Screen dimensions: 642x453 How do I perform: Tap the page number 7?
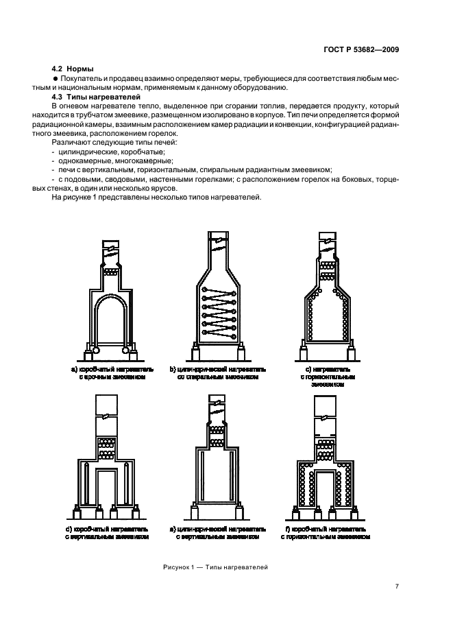[397, 586]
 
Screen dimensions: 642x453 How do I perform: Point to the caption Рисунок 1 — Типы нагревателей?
[216, 567]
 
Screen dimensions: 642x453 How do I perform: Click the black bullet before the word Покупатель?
[56, 79]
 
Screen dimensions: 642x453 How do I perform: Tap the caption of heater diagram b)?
[218, 372]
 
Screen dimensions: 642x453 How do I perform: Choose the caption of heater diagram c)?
[326, 376]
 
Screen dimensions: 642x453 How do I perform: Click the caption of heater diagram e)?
[218, 534]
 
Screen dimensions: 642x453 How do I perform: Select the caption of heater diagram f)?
[326, 534]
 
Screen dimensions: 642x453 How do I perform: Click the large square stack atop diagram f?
[326, 410]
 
